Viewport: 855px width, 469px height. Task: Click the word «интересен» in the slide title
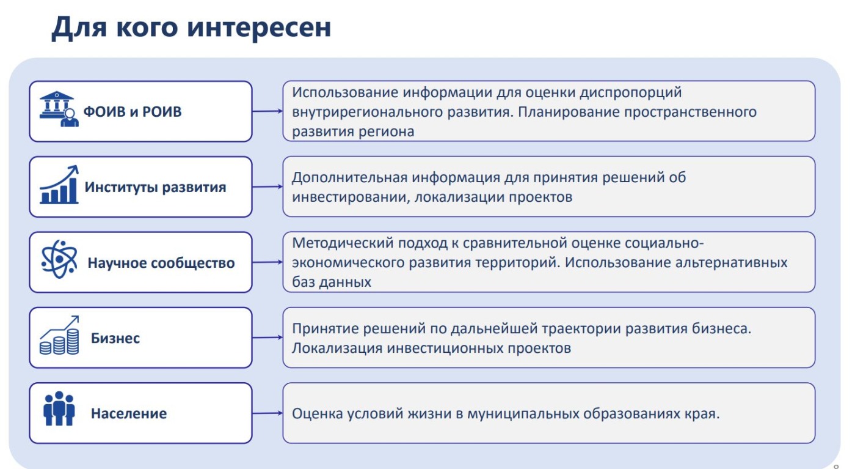pyautogui.click(x=259, y=28)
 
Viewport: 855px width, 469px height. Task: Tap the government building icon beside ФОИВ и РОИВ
pyautogui.click(x=59, y=109)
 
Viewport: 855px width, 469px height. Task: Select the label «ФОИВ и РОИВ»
pyautogui.click(x=133, y=112)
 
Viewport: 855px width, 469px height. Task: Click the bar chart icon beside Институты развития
pyautogui.click(x=59, y=185)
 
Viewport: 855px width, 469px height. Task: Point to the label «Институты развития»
pyautogui.click(x=155, y=187)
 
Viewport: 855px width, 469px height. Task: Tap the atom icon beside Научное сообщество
pyautogui.click(x=59, y=259)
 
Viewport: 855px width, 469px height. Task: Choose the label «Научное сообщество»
pyautogui.click(x=161, y=263)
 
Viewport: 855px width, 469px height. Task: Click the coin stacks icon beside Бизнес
pyautogui.click(x=59, y=335)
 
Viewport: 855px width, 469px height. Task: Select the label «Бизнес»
pyautogui.click(x=115, y=338)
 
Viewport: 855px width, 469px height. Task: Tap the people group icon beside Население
pyautogui.click(x=59, y=408)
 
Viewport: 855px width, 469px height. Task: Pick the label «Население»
pyautogui.click(x=129, y=413)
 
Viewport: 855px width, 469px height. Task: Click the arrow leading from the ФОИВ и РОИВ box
pyautogui.click(x=267, y=111)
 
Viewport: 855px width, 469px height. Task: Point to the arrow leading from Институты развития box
pyautogui.click(x=267, y=186)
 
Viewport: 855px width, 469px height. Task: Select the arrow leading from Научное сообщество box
pyautogui.click(x=267, y=262)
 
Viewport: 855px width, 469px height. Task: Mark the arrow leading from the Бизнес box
pyautogui.click(x=267, y=338)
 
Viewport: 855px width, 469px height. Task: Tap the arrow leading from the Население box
pyautogui.click(x=267, y=413)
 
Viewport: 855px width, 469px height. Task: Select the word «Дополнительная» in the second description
pyautogui.click(x=349, y=178)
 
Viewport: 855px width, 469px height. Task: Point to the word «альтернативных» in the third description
pyautogui.click(x=732, y=263)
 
